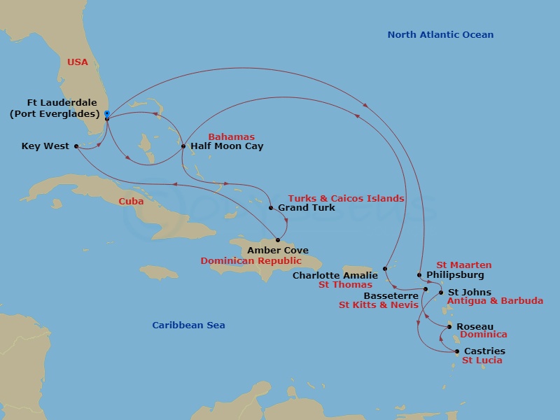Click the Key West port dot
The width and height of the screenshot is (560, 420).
point(76,146)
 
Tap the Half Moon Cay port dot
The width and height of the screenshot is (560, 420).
point(183,146)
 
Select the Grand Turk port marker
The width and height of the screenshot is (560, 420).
point(271,208)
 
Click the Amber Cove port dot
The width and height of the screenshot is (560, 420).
point(277,240)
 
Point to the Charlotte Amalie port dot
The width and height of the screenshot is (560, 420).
point(386,269)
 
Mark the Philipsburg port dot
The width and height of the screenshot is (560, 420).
point(419,275)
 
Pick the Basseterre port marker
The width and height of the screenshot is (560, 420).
point(426,288)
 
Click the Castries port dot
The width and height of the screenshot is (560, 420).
point(457,351)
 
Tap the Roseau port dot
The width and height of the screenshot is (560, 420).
point(449,326)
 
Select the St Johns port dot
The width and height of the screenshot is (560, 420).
point(441,293)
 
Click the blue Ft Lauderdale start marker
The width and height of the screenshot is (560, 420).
point(106,113)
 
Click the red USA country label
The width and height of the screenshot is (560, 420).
point(78,62)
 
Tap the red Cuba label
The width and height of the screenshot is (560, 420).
point(131,201)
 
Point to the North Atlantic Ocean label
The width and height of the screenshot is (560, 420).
point(440,35)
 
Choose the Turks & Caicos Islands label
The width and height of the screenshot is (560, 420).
point(346,199)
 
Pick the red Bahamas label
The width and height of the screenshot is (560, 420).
point(231,137)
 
